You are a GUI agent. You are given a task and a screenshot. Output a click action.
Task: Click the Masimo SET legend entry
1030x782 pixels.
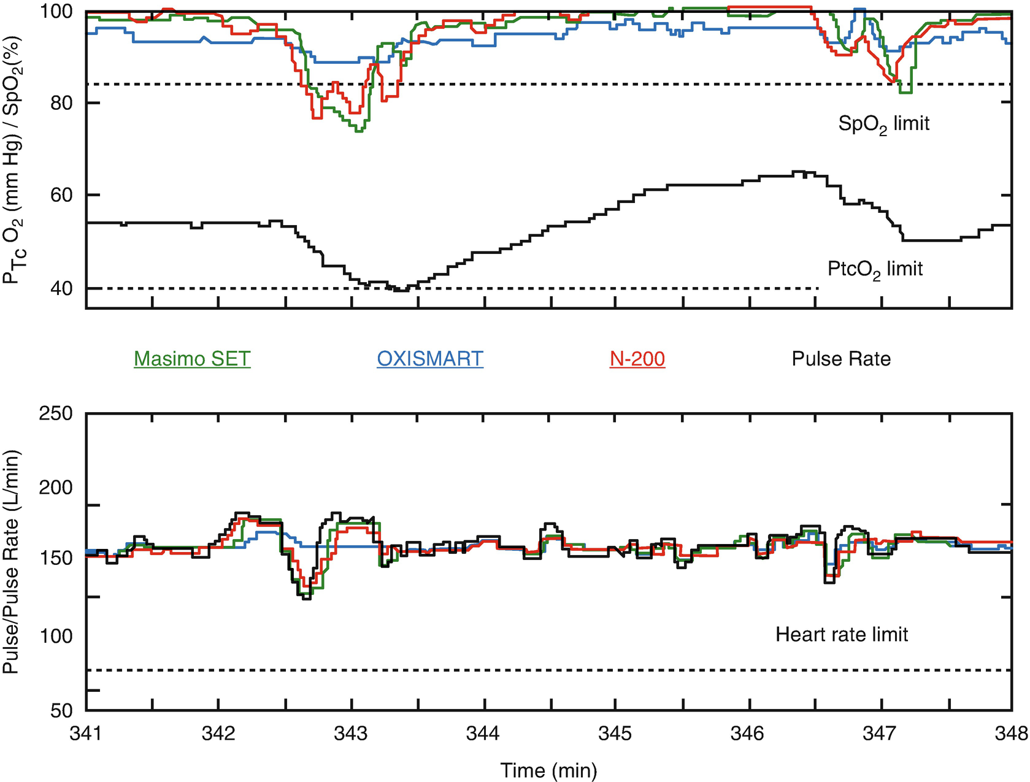(192, 359)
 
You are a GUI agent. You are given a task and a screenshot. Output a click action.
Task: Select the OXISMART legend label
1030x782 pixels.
(430, 359)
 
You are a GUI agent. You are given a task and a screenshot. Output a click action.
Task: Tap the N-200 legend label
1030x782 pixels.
(637, 359)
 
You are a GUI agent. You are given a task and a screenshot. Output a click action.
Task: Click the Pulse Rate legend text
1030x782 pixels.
(841, 359)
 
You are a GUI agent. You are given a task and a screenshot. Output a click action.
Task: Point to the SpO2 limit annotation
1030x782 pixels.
(883, 125)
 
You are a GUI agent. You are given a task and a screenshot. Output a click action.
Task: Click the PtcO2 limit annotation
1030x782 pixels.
(875, 269)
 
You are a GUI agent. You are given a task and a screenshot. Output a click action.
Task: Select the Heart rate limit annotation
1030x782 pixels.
(842, 634)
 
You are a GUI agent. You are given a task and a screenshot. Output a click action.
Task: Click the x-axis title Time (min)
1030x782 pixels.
(548, 770)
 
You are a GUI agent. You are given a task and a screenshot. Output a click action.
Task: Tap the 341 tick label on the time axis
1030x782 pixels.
(86, 734)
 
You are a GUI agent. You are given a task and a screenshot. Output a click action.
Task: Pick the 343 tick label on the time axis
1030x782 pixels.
(352, 734)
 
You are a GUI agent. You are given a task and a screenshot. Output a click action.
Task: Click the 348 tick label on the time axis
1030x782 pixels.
(1012, 734)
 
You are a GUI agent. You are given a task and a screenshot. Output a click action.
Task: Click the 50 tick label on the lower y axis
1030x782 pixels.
(61, 711)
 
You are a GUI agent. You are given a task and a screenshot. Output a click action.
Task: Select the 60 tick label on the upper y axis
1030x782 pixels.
(61, 195)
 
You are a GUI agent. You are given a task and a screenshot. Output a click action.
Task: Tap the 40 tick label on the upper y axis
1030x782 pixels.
(61, 288)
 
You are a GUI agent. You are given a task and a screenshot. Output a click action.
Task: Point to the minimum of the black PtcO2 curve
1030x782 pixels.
(400, 289)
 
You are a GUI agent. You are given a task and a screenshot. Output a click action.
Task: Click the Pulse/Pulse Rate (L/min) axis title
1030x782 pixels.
(12, 562)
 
